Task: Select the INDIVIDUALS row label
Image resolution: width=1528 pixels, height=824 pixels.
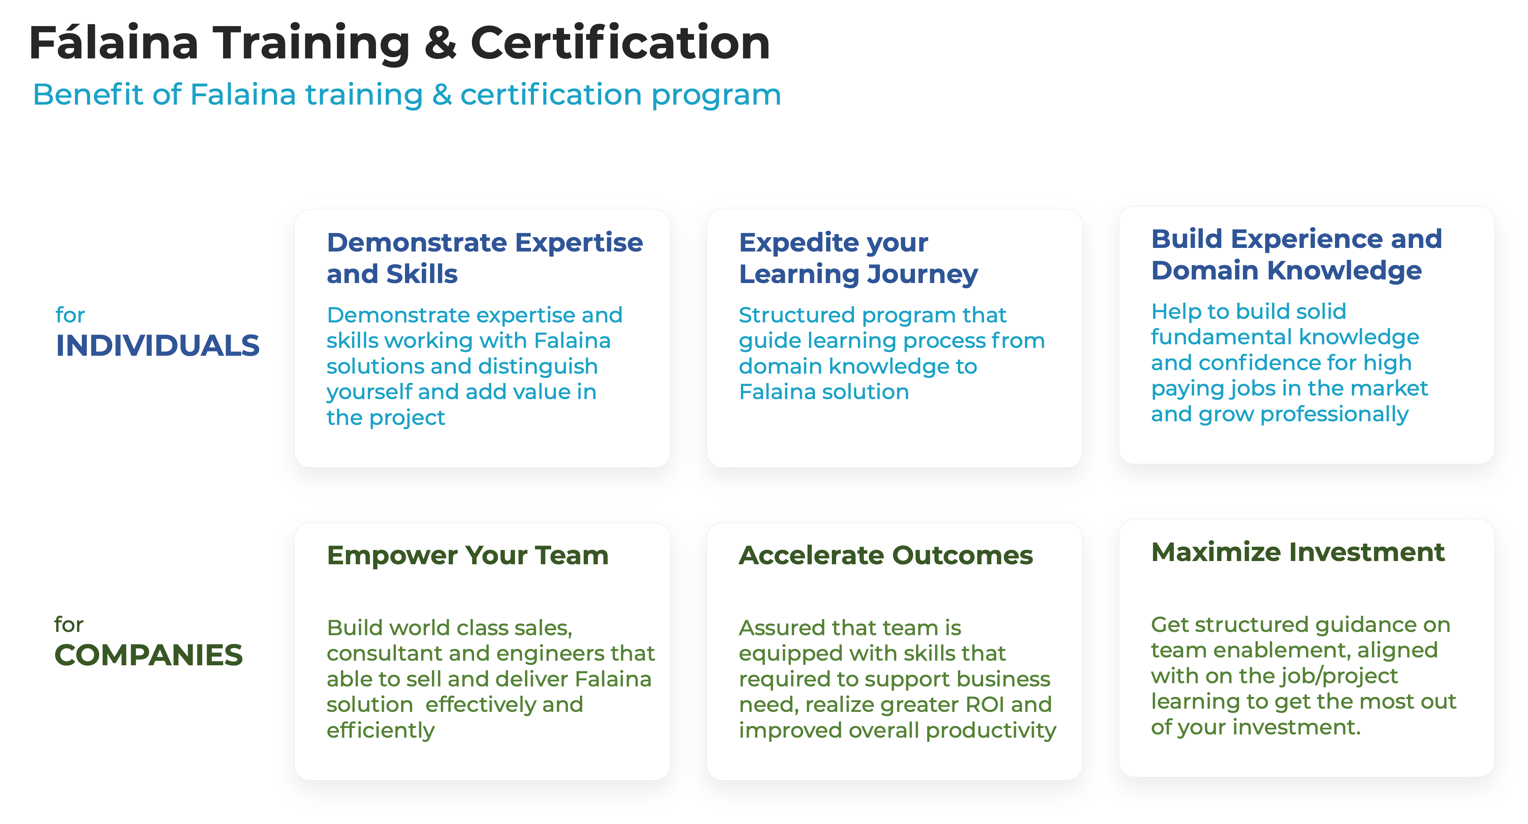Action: tap(157, 345)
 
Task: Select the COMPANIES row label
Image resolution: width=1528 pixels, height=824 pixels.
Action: tap(148, 655)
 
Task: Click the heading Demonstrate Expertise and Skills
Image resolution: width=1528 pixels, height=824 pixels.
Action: tap(485, 258)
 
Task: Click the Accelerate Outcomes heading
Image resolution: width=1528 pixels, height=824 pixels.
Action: tap(886, 555)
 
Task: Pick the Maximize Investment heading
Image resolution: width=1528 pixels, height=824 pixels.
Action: tap(1298, 552)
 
